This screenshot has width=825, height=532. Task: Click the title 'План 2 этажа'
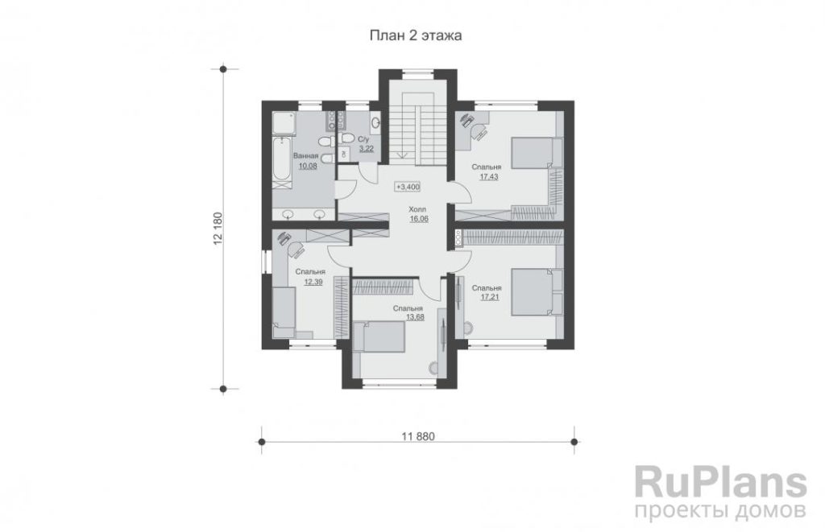coord(416,35)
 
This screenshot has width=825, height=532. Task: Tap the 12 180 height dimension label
coord(218,229)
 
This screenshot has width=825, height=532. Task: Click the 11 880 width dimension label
coord(418,436)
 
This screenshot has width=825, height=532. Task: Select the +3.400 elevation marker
coord(408,187)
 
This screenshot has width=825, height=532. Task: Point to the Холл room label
coord(418,209)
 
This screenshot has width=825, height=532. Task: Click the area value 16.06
coord(419,219)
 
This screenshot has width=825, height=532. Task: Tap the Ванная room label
coord(305,156)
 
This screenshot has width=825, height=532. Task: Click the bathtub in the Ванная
coord(282,159)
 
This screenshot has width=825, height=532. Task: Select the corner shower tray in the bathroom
coord(284,124)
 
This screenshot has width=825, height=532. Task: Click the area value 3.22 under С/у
coord(367,149)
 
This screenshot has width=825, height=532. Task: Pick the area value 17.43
coord(489,177)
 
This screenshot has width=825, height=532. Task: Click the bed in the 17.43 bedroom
coord(537,152)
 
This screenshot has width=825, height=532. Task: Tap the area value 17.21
coord(489,298)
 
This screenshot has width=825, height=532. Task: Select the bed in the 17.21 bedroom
coord(537,292)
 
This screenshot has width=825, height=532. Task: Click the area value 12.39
coord(313,282)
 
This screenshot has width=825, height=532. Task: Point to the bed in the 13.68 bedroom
coord(379,337)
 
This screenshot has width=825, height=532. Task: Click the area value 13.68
coord(415,317)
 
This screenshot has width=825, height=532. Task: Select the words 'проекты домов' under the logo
coord(720,511)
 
